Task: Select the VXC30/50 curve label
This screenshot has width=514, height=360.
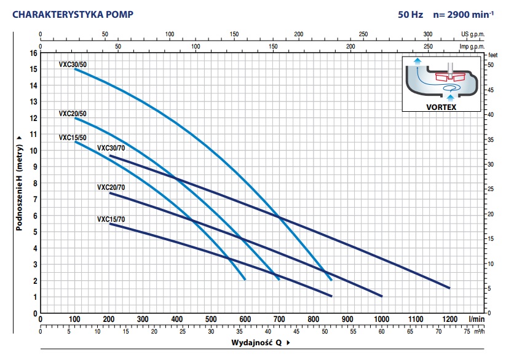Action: click(x=73, y=63)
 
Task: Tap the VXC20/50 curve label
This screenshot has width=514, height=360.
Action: click(x=73, y=114)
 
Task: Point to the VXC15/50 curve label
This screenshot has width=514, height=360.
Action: click(x=73, y=138)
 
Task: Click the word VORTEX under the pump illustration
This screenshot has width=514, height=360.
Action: click(x=441, y=106)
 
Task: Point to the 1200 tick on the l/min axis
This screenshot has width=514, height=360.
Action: click(x=450, y=319)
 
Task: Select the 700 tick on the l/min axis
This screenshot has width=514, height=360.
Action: click(x=279, y=319)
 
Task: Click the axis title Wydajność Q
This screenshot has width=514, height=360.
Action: click(x=258, y=342)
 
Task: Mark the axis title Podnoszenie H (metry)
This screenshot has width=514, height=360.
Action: click(x=20, y=183)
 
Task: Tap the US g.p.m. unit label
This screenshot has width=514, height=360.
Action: click(x=472, y=35)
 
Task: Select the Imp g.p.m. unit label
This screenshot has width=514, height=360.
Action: click(x=472, y=46)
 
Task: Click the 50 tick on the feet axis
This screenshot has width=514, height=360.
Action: click(x=491, y=65)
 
